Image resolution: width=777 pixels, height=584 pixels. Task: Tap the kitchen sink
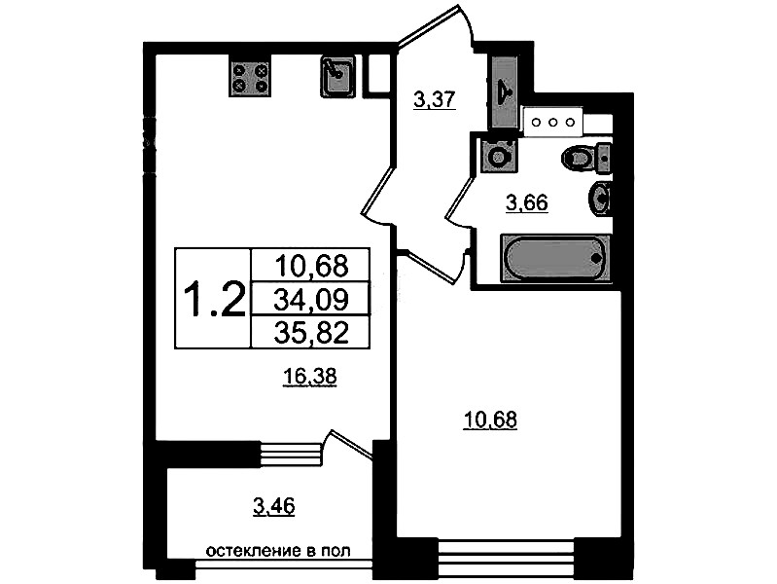click(x=338, y=76)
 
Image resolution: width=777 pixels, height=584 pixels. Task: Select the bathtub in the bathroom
click(x=555, y=258)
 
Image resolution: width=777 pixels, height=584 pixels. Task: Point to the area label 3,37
click(x=434, y=99)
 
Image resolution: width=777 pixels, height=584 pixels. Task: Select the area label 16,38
click(x=309, y=377)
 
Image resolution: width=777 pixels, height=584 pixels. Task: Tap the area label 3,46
click(x=273, y=507)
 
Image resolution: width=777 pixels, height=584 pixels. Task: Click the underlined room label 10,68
click(x=490, y=420)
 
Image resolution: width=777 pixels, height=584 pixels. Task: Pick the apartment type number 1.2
click(x=214, y=299)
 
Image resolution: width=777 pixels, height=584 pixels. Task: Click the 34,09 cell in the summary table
click(x=311, y=299)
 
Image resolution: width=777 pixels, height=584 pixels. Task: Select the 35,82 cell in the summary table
click(x=311, y=332)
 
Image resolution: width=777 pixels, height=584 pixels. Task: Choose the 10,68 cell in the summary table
click(x=311, y=265)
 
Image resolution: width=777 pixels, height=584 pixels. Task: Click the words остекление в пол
click(x=278, y=551)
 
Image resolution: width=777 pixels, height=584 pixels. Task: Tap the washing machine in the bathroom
click(x=499, y=156)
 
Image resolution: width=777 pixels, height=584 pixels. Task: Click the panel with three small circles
click(x=553, y=122)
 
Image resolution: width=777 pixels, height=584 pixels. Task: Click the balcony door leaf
click(x=351, y=444)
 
